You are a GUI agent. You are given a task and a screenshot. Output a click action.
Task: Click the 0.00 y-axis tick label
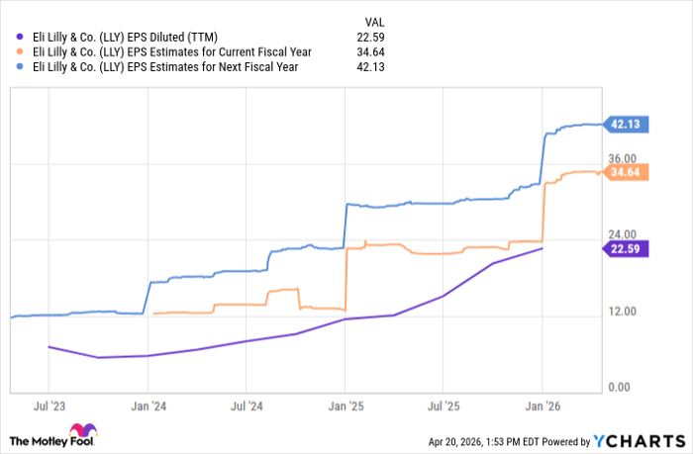(x=622, y=388)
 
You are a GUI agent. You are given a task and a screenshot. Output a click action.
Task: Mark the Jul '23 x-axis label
(x=49, y=406)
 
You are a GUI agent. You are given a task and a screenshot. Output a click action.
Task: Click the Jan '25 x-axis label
(x=345, y=406)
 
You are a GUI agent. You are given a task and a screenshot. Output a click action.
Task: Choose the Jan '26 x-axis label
(x=542, y=406)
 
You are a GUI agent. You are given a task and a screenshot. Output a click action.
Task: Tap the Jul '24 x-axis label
(x=246, y=406)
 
